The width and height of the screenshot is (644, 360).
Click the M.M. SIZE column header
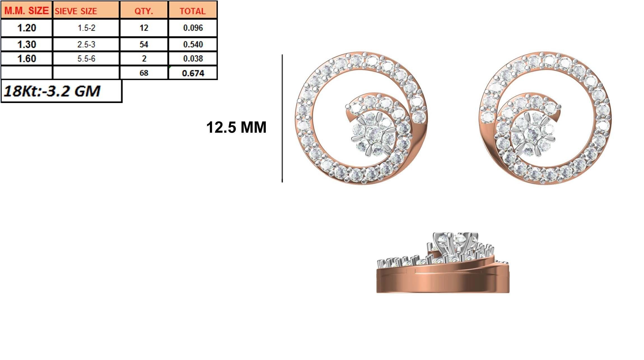(26, 11)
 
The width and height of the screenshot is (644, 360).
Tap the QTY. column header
(144, 11)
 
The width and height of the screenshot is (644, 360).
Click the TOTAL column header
(193, 11)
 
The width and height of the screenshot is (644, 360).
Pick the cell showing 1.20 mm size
(26, 28)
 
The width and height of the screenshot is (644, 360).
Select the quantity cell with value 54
(144, 44)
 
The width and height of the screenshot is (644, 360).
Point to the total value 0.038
(193, 59)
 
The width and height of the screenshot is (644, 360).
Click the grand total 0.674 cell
(193, 73)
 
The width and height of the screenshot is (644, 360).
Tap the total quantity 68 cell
(144, 73)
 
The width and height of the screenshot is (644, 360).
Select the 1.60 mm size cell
(26, 59)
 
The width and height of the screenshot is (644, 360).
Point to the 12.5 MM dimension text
(236, 127)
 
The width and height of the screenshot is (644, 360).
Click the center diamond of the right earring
(533, 134)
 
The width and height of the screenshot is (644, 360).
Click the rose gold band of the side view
(442, 283)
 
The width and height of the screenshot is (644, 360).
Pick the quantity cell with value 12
(144, 28)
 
